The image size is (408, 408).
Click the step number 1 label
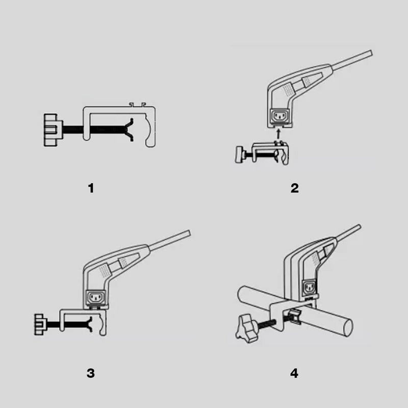pyautogui.click(x=91, y=188)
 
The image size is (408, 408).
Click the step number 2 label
pyautogui.click(x=294, y=188)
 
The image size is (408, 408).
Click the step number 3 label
pyautogui.click(x=91, y=373)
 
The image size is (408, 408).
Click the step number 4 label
pyautogui.click(x=294, y=373)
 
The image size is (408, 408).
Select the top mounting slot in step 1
pyautogui.click(x=136, y=105)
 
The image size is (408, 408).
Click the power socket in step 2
pyautogui.click(x=278, y=117)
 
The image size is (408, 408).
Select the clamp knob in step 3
pyautogui.click(x=39, y=324)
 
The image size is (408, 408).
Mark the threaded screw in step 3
pyautogui.click(x=69, y=324)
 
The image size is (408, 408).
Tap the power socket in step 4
pyautogui.click(x=310, y=287)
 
